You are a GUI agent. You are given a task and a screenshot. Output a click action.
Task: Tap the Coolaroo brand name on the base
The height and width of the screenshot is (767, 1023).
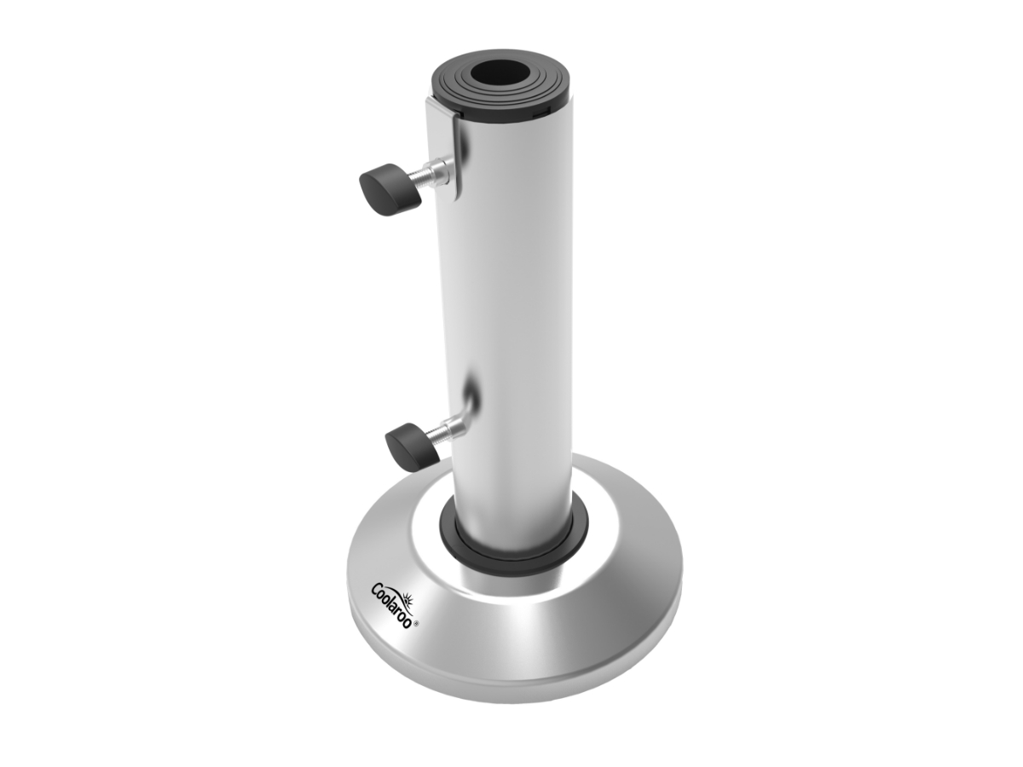click(391, 606)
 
